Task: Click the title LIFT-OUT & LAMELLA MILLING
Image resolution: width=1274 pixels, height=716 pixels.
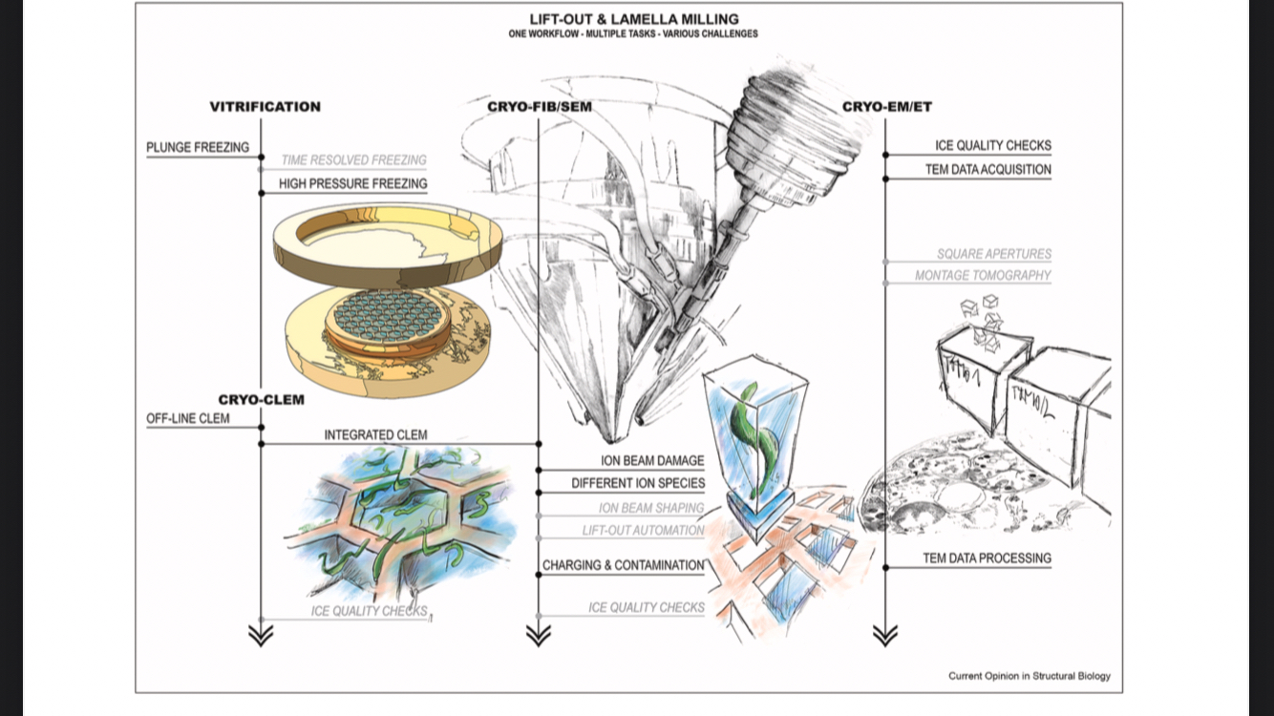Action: [x=634, y=18]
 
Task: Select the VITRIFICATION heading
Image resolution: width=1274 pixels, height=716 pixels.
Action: [x=265, y=107]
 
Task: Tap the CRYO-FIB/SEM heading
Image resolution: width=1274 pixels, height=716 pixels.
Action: [x=539, y=107]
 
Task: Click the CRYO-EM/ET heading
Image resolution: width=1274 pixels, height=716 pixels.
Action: [x=887, y=107]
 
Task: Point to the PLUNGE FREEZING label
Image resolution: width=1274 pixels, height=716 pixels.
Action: [x=198, y=147]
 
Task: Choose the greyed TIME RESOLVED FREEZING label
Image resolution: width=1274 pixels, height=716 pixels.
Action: [x=353, y=160]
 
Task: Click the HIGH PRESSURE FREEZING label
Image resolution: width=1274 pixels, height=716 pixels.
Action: [x=352, y=183]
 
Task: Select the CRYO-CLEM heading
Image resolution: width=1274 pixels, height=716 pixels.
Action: [x=261, y=399]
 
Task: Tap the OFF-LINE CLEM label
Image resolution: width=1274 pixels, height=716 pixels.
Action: [x=188, y=418]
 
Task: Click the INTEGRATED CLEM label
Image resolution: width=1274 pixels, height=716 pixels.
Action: [x=375, y=434]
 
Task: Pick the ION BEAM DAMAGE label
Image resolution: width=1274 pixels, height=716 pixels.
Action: [x=652, y=461]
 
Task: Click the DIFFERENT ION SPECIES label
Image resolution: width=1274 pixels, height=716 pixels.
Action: [x=638, y=483]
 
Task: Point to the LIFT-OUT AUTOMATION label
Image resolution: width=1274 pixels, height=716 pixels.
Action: [x=643, y=530]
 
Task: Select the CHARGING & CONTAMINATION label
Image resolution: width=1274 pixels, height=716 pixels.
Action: [x=623, y=565]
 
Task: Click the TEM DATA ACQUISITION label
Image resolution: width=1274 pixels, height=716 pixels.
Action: [x=987, y=170]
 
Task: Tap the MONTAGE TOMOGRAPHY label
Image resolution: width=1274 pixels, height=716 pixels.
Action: [x=983, y=275]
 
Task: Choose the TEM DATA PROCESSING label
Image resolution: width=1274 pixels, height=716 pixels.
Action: [x=987, y=558]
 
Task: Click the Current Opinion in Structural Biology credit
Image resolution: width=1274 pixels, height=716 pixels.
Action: [x=1029, y=676]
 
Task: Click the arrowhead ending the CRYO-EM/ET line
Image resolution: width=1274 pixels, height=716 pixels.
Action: [x=885, y=635]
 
